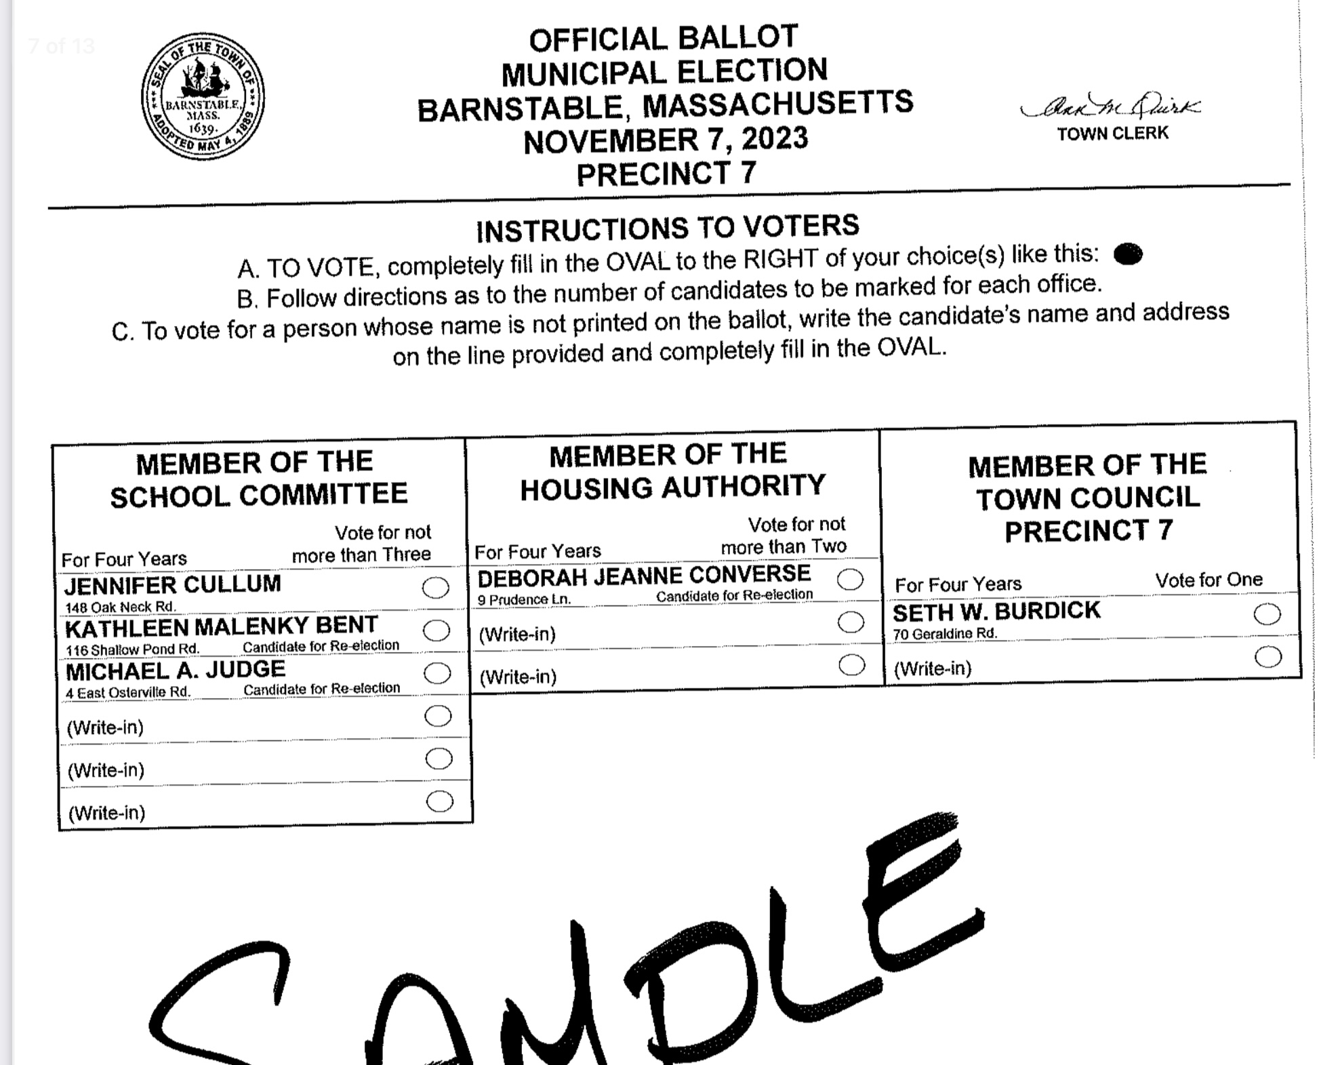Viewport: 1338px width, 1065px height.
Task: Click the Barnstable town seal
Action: [x=203, y=96]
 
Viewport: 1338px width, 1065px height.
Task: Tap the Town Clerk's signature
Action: [x=1110, y=107]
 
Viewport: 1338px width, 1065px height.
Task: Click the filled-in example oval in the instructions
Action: [x=1128, y=254]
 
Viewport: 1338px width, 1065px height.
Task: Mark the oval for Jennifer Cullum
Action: [x=435, y=588]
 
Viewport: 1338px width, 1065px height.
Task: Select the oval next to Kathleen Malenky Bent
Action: [x=437, y=630]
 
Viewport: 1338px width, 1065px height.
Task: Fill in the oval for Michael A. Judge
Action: [x=437, y=673]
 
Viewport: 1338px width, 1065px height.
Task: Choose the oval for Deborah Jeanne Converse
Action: [x=850, y=580]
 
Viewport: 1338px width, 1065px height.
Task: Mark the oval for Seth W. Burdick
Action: [x=1267, y=614]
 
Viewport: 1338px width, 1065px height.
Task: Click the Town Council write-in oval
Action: [x=1268, y=656]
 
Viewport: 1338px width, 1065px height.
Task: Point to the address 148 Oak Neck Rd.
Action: [x=120, y=607]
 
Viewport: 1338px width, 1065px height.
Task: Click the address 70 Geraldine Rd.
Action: [x=945, y=634]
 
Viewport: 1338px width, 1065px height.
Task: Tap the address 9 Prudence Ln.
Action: [x=524, y=600]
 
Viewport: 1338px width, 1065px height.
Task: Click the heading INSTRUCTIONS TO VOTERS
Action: [x=668, y=228]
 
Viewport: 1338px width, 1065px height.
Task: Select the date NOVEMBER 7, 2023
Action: [x=666, y=140]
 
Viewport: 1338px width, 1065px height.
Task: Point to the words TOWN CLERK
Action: [x=1113, y=134]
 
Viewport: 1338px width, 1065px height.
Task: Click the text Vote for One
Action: [x=1209, y=580]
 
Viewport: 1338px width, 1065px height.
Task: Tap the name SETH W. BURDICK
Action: [x=996, y=611]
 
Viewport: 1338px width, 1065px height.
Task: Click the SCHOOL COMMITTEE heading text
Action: [x=259, y=495]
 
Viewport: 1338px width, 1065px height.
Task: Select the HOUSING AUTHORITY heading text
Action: [x=672, y=487]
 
